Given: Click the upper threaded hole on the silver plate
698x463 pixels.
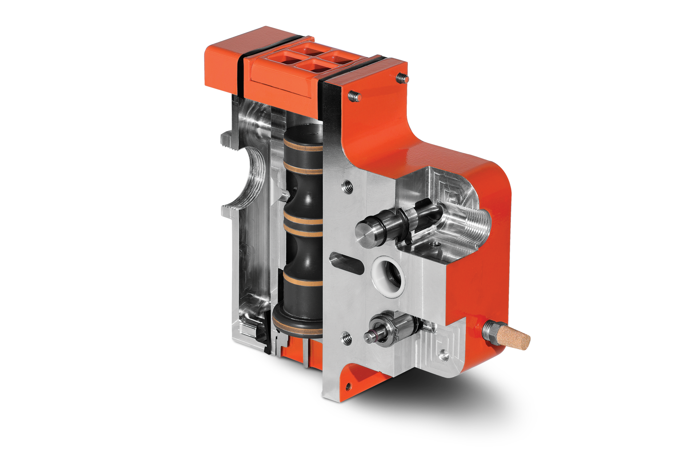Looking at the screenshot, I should (346, 186).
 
